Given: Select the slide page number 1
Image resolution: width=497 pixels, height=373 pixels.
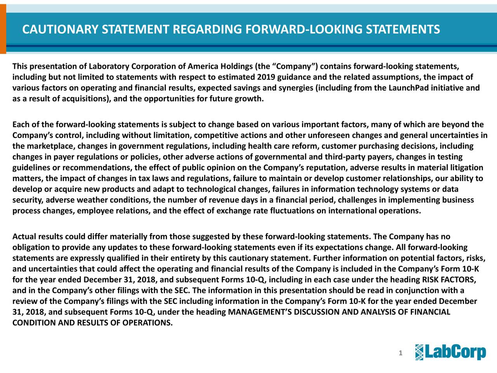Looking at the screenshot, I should click(x=400, y=353).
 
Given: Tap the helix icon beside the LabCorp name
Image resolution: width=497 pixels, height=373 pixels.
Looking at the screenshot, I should click(x=420, y=352).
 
